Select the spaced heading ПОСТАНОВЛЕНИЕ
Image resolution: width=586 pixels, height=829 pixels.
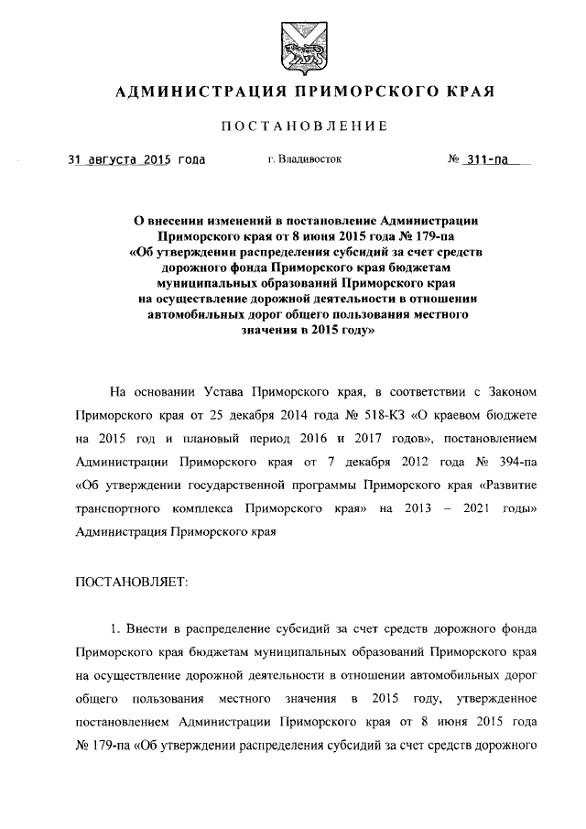click(293, 125)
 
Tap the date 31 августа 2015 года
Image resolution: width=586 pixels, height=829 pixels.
click(137, 159)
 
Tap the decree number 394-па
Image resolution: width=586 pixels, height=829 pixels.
click(509, 461)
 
